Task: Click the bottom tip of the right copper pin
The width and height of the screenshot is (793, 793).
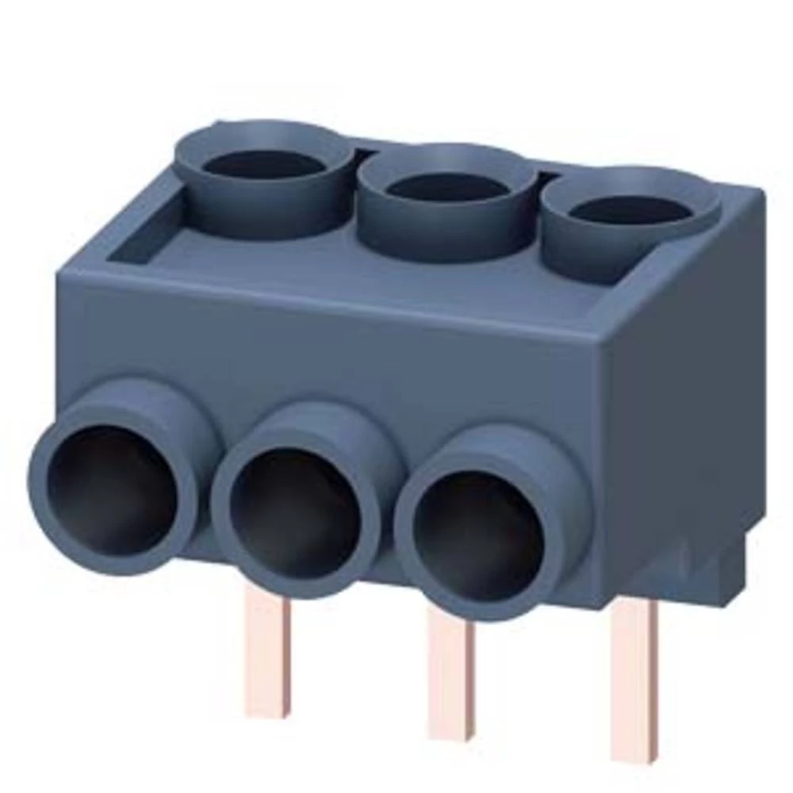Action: [x=634, y=757]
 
